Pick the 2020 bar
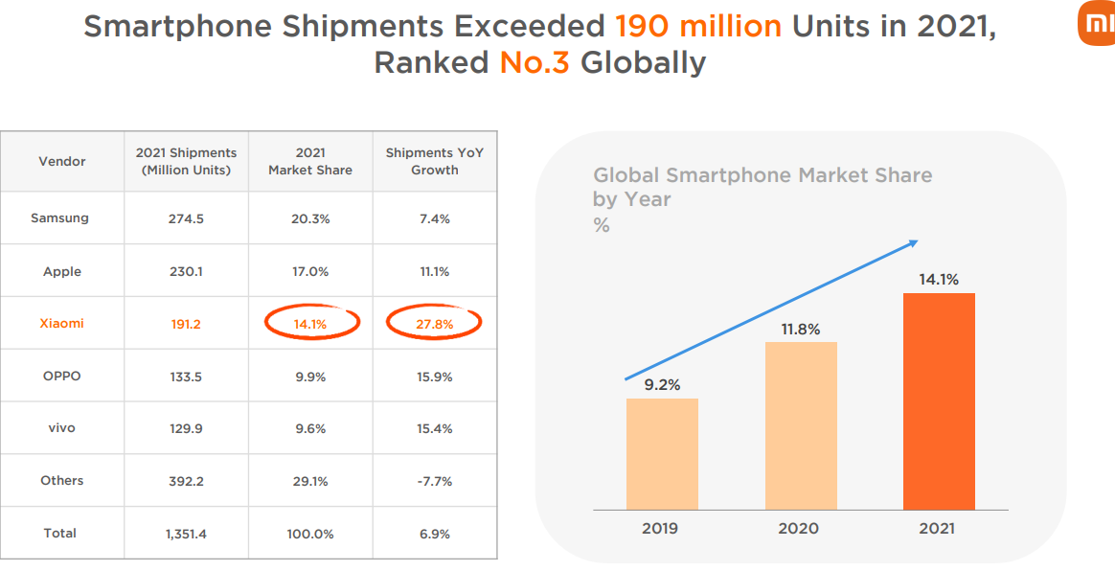click(801, 425)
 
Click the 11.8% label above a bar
click(801, 330)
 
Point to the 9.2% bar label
click(662, 385)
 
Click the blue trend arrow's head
click(913, 242)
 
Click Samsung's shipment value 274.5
click(186, 218)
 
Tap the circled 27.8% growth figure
click(434, 324)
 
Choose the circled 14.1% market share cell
click(310, 324)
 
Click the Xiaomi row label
click(61, 323)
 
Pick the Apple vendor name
click(62, 271)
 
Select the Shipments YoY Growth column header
click(434, 161)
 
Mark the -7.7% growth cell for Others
click(434, 480)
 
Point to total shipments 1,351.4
click(186, 533)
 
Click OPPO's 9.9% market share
click(310, 377)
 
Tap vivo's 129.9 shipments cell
click(186, 428)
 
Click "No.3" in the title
click(535, 62)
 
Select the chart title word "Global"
click(626, 175)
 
